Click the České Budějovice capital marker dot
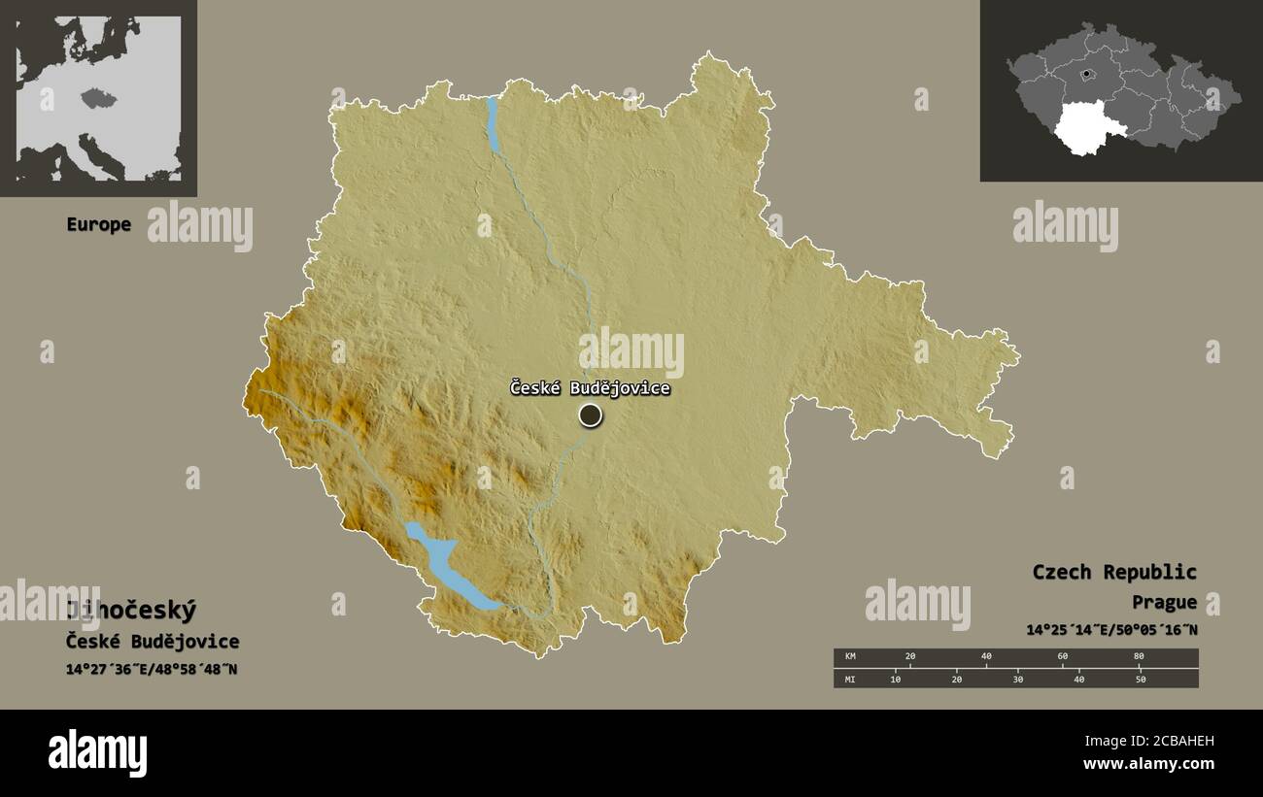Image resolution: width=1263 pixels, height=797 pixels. tap(590, 415)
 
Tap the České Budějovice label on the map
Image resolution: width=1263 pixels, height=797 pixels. tap(590, 388)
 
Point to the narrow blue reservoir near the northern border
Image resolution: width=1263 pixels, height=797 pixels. tap(494, 124)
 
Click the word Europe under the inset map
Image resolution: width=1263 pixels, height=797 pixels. tap(98, 224)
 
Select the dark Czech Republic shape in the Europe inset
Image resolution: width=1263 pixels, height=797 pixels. tap(98, 97)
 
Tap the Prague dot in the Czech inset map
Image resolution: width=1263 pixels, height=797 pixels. tap(1086, 73)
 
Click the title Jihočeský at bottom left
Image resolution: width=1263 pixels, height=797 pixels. tap(131, 611)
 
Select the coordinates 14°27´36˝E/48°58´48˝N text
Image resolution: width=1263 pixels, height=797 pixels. tap(152, 670)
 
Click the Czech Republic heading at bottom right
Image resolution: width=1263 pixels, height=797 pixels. tap(1114, 572)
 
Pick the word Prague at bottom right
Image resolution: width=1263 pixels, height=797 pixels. tap(1164, 602)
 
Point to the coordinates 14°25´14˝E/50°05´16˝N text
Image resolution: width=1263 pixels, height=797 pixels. tap(1111, 630)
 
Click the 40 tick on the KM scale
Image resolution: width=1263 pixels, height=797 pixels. tap(986, 657)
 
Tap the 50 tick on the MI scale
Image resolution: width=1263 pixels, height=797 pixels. tap(1141, 680)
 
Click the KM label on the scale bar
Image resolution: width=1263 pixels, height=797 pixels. tap(851, 657)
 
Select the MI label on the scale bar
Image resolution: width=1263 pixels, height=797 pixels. tap(851, 680)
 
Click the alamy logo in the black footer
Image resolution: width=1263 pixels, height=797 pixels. tap(97, 753)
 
